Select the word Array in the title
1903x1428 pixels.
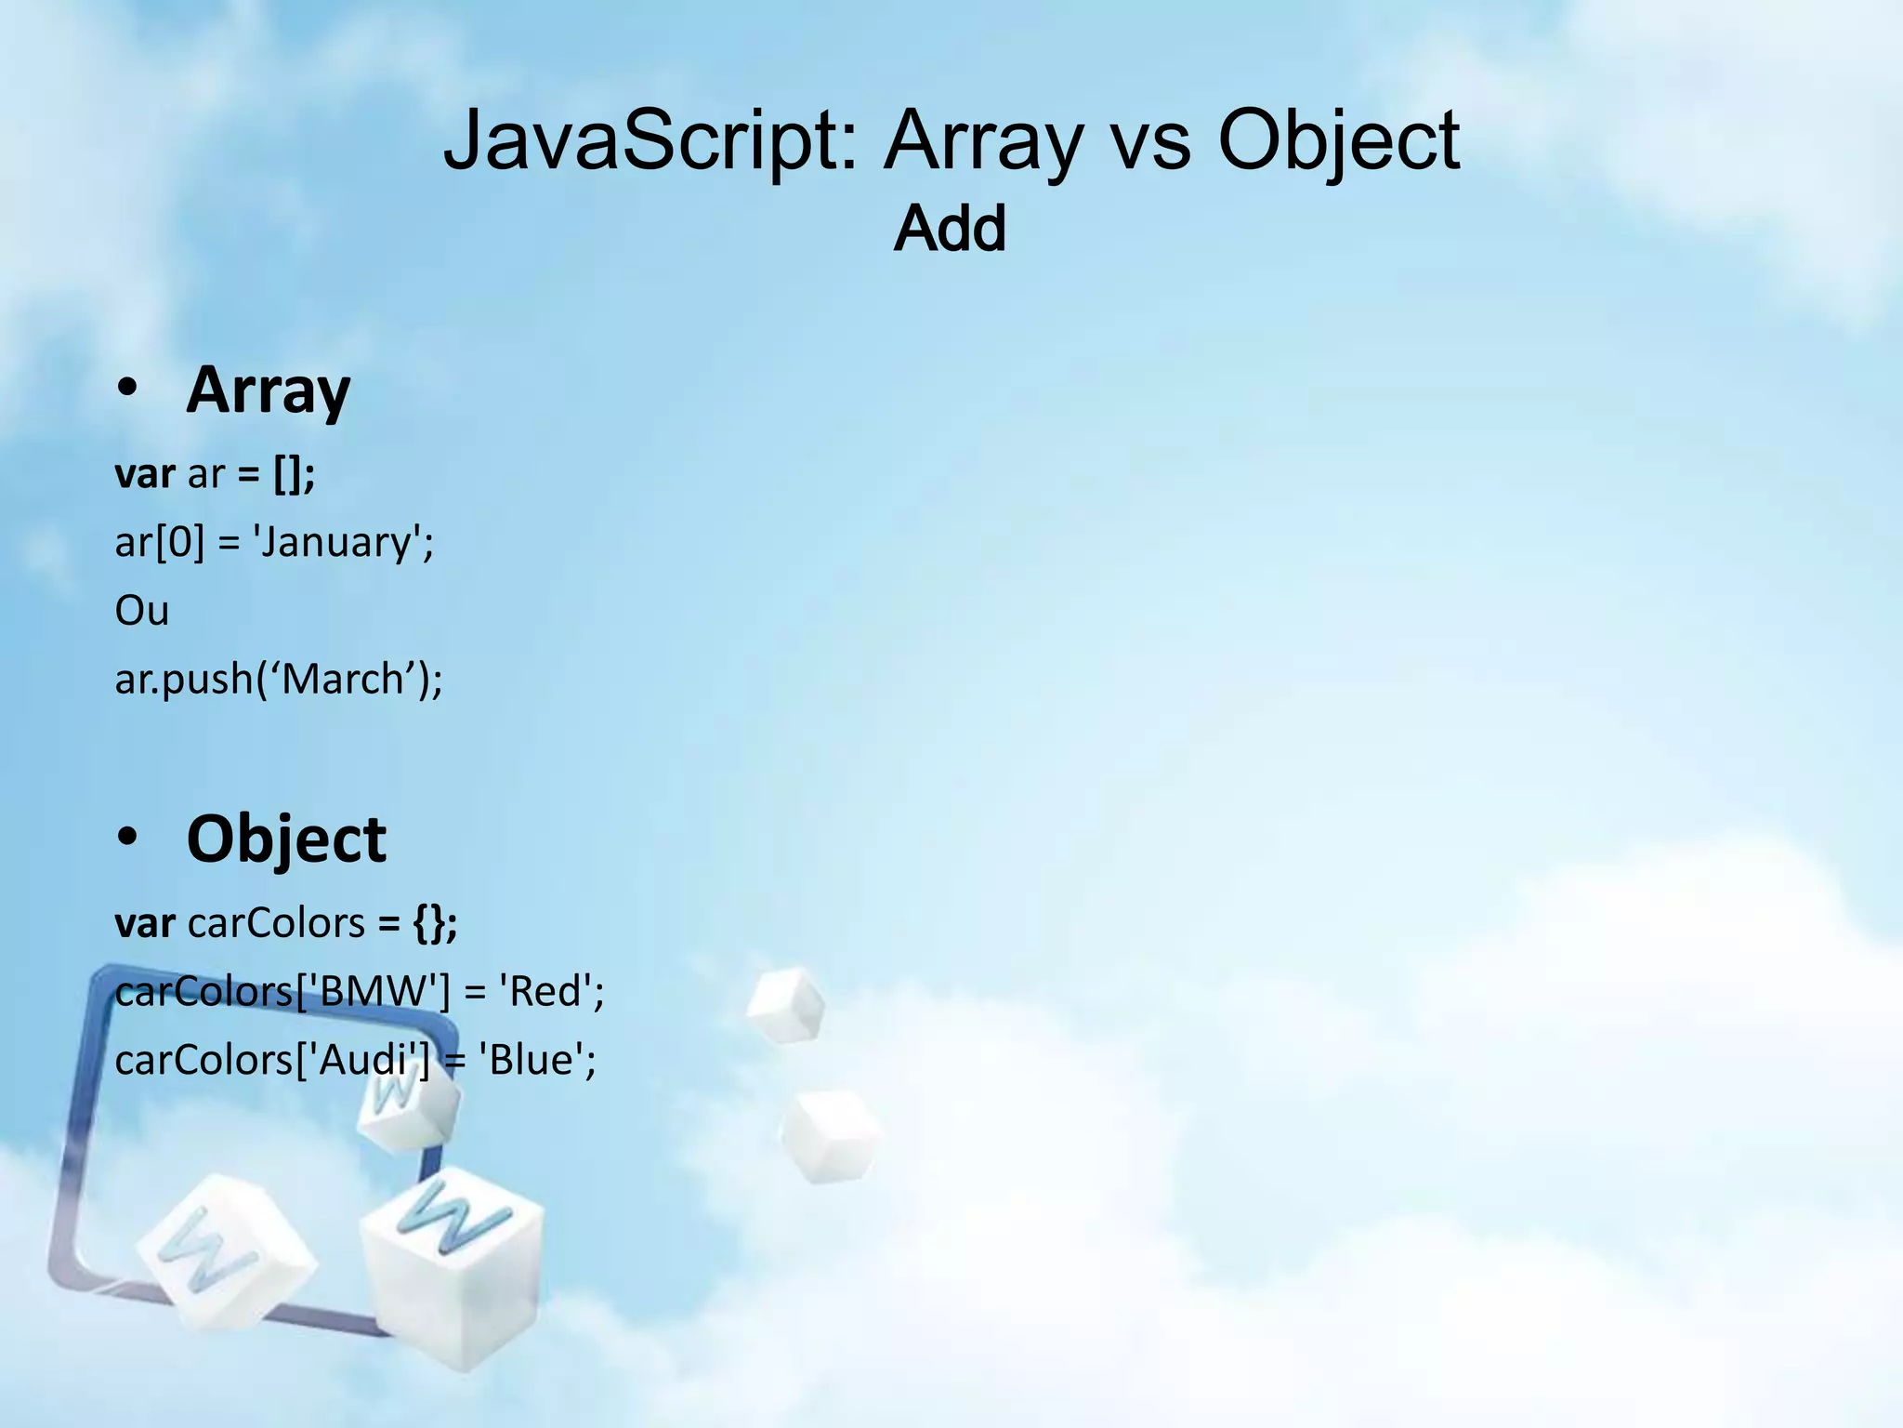(x=983, y=141)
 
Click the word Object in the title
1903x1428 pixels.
(x=1338, y=141)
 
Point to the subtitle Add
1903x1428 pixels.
(x=950, y=229)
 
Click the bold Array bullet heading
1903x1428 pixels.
(x=268, y=390)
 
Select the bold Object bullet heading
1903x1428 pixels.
(x=286, y=839)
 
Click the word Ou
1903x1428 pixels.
(x=141, y=611)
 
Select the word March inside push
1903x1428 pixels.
(x=341, y=680)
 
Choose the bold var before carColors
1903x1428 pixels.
(x=145, y=923)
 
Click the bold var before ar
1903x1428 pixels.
(x=145, y=474)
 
